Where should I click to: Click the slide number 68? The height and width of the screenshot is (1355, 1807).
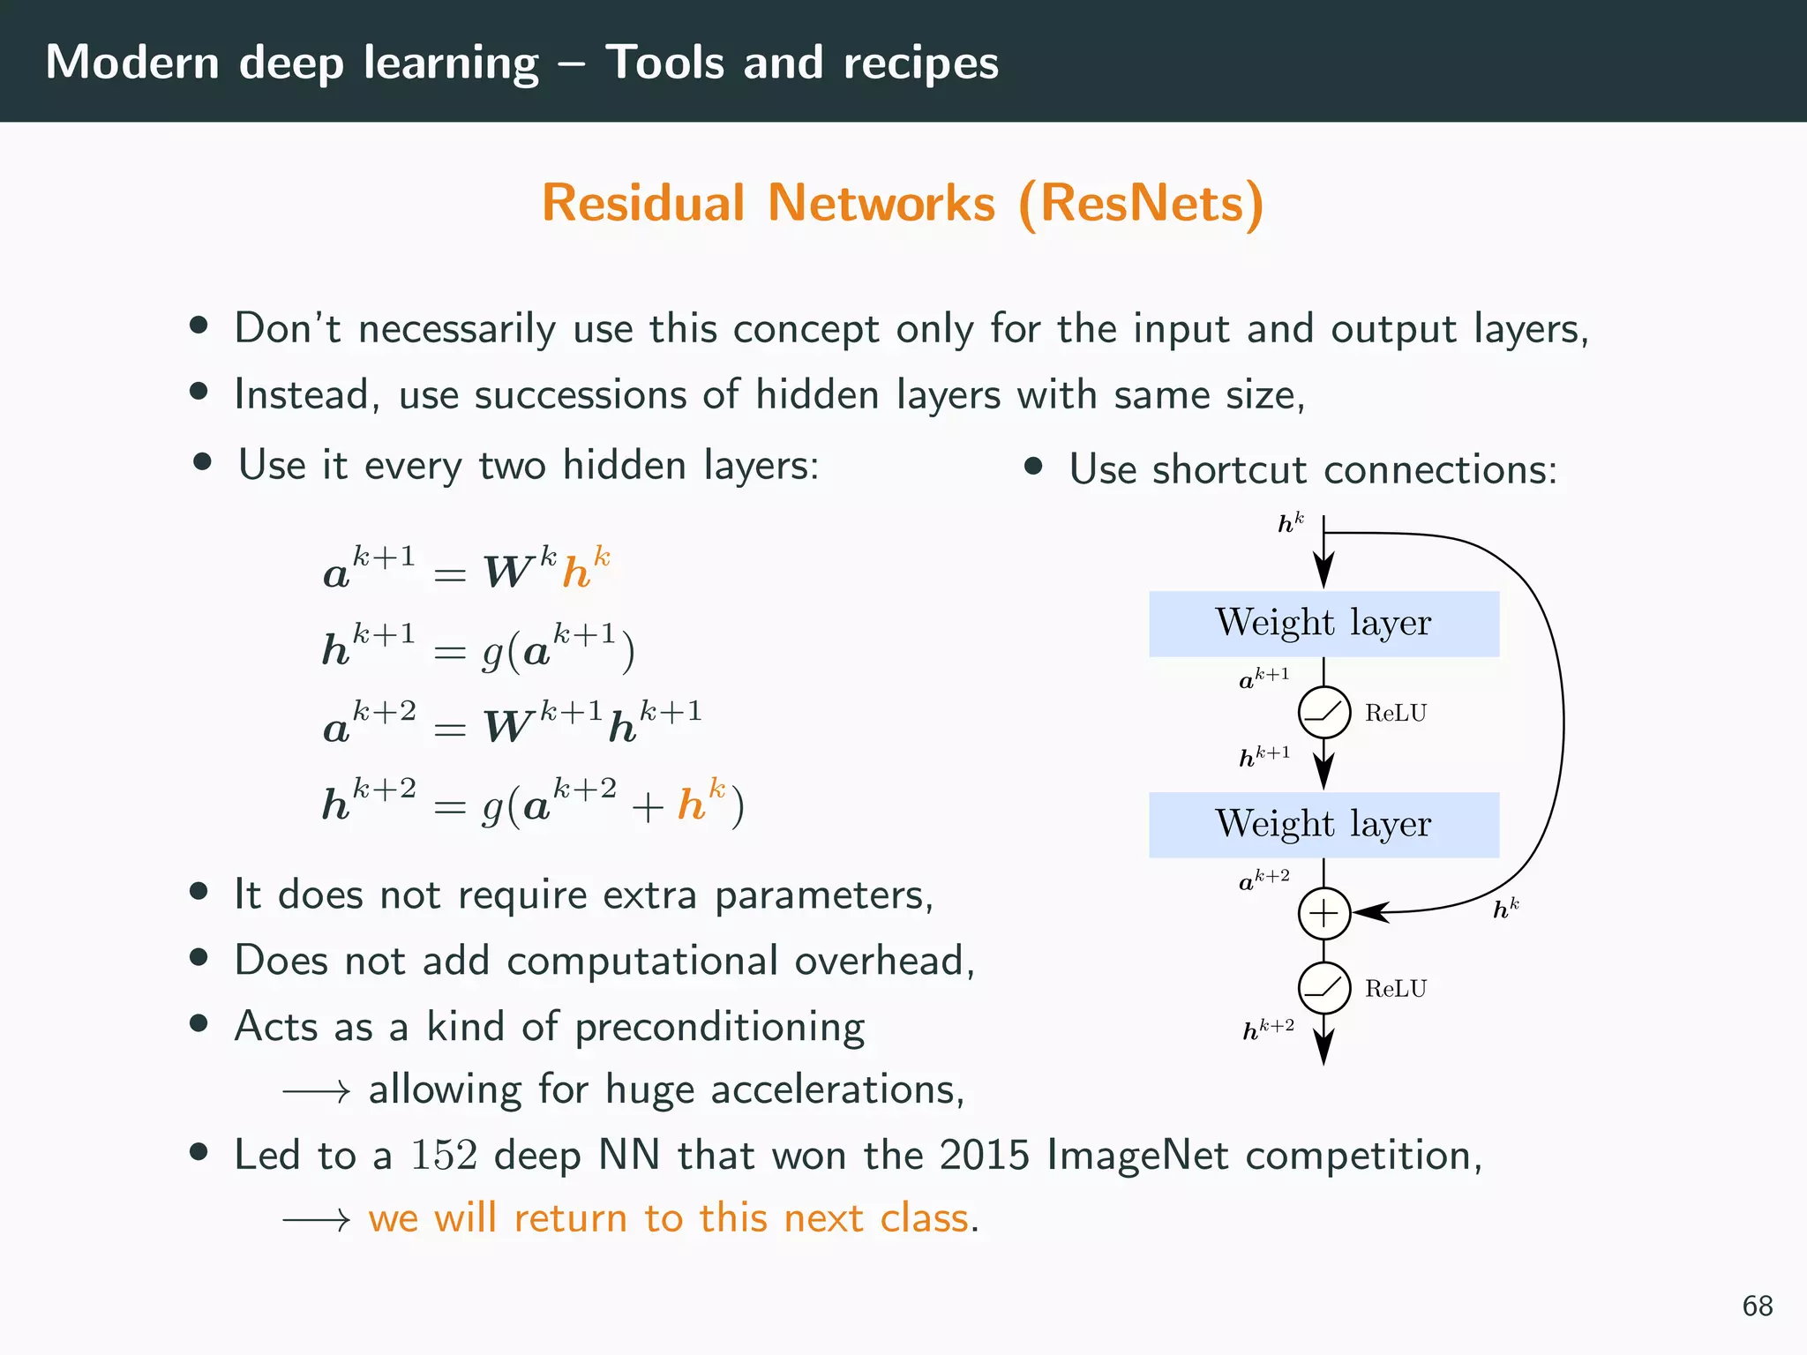pyautogui.click(x=1757, y=1306)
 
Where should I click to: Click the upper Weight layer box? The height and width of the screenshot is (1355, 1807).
pyautogui.click(x=1323, y=624)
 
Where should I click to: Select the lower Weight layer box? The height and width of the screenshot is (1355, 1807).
pyautogui.click(x=1323, y=825)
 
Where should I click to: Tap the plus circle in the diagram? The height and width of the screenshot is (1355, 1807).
pyautogui.click(x=1323, y=913)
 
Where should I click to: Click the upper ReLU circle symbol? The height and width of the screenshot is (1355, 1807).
pyautogui.click(x=1323, y=713)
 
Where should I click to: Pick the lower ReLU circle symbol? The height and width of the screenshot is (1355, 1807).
pyautogui.click(x=1323, y=988)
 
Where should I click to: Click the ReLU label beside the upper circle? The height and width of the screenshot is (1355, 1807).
pyautogui.click(x=1395, y=713)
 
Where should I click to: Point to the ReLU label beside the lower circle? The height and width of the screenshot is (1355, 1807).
pyautogui.click(x=1395, y=988)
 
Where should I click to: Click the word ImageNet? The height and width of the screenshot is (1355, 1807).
pyautogui.click(x=1137, y=1156)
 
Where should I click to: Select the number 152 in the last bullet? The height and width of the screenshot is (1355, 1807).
pyautogui.click(x=444, y=1155)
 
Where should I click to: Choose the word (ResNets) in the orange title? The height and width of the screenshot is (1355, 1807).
pyautogui.click(x=1141, y=205)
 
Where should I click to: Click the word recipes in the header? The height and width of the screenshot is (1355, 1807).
pyautogui.click(x=920, y=64)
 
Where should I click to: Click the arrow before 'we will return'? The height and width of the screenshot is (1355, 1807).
pyautogui.click(x=316, y=1220)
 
